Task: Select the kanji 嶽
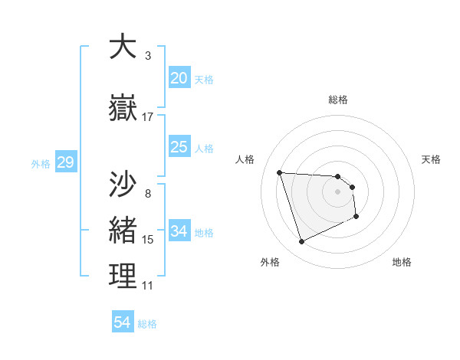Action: point(123,108)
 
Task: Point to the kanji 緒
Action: point(123,229)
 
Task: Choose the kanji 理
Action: point(123,276)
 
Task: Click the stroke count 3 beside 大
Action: point(147,55)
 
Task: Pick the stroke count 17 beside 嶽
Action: point(148,117)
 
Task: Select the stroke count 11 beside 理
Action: point(148,286)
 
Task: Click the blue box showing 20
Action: point(179,78)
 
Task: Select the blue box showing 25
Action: point(179,147)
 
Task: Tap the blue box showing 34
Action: point(179,231)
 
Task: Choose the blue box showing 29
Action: point(65,162)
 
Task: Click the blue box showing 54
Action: point(123,322)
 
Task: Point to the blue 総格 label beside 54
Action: point(147,324)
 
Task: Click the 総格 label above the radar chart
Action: point(338,100)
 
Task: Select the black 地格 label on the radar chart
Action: point(402,263)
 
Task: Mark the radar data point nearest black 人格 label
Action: point(280,172)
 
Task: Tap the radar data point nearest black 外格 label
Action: point(301,242)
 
